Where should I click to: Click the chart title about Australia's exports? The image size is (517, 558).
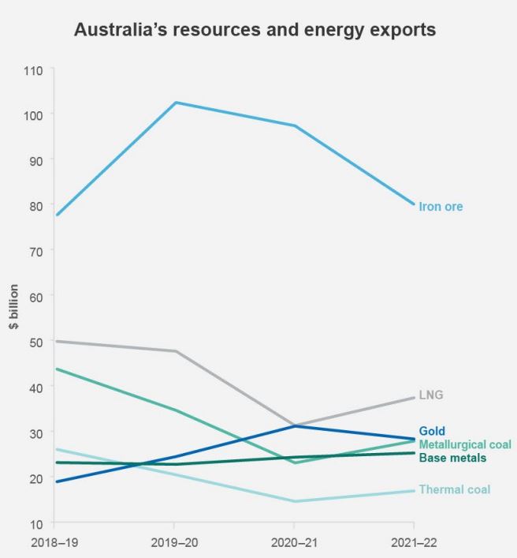(254, 31)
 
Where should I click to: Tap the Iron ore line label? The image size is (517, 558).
(441, 207)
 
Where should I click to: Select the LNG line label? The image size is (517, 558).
(431, 395)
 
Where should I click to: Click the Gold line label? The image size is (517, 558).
(432, 431)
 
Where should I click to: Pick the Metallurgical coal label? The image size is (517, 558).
(465, 444)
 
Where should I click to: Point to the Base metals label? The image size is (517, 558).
(452, 458)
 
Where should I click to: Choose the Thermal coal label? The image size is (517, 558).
(454, 489)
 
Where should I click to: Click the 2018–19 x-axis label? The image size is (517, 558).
(54, 542)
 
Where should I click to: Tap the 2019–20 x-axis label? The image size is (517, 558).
(174, 542)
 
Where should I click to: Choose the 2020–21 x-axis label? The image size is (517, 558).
(294, 542)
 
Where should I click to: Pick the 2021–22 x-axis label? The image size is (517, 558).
(414, 542)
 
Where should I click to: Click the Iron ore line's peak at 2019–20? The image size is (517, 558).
(174, 103)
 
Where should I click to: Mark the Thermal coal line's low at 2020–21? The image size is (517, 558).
(294, 501)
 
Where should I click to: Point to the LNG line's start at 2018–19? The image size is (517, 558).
(55, 341)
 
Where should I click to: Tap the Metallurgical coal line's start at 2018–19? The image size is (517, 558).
(55, 369)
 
